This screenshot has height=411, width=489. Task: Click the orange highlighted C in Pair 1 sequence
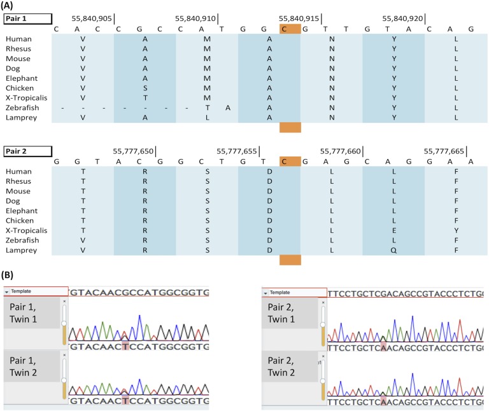pos(290,29)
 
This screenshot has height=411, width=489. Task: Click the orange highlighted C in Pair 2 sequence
pos(290,161)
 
